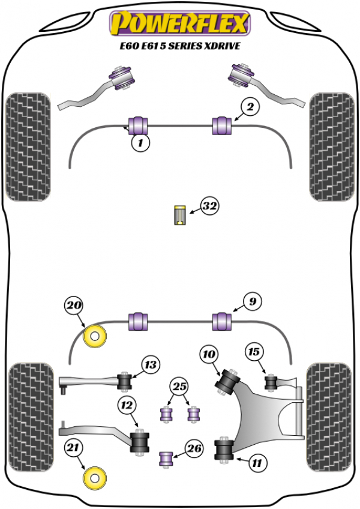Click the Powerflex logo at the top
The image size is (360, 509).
click(x=178, y=23)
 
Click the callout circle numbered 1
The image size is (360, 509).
click(x=140, y=143)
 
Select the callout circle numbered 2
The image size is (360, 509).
click(x=250, y=107)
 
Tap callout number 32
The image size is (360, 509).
click(x=209, y=206)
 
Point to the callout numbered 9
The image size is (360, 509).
click(x=253, y=301)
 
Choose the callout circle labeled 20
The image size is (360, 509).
click(x=74, y=306)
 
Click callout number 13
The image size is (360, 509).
click(x=151, y=364)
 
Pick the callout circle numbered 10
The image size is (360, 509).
click(x=209, y=355)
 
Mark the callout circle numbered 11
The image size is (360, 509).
click(x=257, y=463)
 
